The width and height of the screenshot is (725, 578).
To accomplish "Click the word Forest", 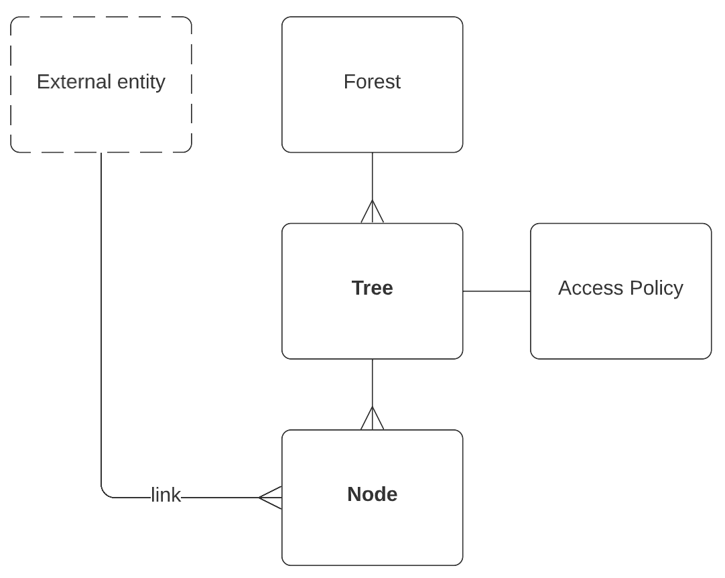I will (x=372, y=82).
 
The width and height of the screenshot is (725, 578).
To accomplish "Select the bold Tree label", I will (x=372, y=288).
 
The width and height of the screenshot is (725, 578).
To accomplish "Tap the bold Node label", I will (x=372, y=494).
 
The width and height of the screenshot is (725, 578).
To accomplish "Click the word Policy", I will (x=654, y=288).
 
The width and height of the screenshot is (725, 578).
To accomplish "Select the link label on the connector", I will (x=166, y=496).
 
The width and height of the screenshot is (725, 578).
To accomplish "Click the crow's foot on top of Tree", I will (x=373, y=212).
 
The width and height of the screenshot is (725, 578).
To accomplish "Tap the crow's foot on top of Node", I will (x=373, y=419).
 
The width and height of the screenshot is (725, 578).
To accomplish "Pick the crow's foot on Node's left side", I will (x=271, y=498).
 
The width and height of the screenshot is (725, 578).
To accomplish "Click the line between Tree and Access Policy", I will (x=497, y=291).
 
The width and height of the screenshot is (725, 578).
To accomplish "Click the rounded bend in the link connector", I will (x=105, y=494).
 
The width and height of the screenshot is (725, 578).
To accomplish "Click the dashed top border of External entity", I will (x=101, y=17).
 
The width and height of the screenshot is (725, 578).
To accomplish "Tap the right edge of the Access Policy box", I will (x=711, y=291).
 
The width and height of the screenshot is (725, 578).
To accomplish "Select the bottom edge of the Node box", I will (x=372, y=565).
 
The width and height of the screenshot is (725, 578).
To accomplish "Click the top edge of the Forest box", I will (x=372, y=17).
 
